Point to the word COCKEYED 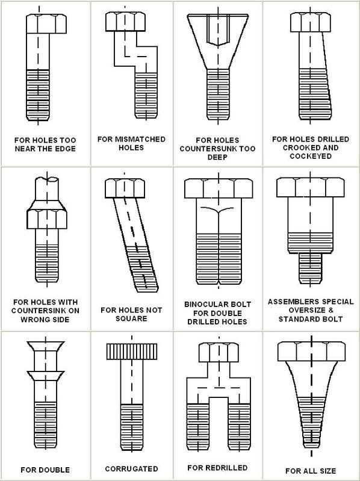(x=311, y=156)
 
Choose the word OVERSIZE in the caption (x=303, y=310)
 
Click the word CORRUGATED (x=132, y=469)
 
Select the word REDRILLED (x=226, y=468)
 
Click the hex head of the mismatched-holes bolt (x=125, y=22)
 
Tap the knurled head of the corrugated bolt (x=132, y=351)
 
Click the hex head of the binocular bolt (x=219, y=188)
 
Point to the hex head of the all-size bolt (x=312, y=351)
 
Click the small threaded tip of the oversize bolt (x=310, y=268)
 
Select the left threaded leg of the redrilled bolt (x=198, y=426)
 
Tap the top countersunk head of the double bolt (x=46, y=346)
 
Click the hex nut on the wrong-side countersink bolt (x=47, y=219)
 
